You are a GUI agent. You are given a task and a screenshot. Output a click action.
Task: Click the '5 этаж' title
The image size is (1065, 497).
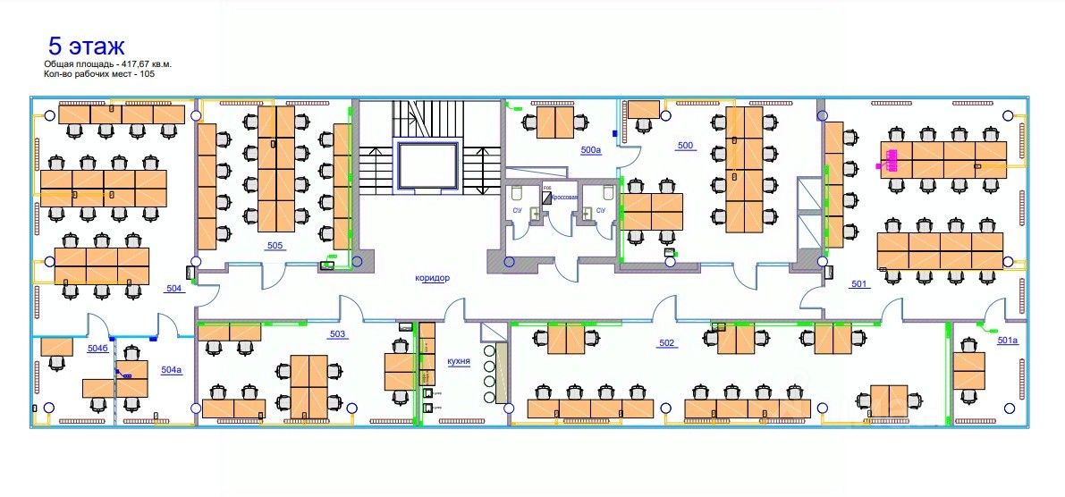click(86, 46)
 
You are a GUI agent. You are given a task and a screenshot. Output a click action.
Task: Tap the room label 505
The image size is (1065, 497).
click(275, 245)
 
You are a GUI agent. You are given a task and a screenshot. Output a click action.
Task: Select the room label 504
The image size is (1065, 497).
click(173, 288)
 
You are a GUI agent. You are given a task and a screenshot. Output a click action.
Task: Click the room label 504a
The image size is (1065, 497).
click(172, 369)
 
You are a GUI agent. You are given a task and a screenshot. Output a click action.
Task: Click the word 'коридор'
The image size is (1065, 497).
click(432, 278)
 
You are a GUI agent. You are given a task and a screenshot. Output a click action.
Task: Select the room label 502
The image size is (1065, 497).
click(666, 343)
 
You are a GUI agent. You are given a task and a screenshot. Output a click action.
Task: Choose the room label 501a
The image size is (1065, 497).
click(1008, 341)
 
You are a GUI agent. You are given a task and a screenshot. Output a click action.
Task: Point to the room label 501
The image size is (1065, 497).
click(859, 284)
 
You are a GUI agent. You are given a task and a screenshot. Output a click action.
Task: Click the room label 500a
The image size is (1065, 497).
click(591, 150)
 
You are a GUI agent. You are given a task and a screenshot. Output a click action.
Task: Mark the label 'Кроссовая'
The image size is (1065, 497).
click(564, 197)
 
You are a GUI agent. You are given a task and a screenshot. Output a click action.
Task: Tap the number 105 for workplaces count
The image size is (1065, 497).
click(148, 74)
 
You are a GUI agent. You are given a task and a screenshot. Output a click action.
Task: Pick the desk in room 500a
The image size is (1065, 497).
click(555, 125)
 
